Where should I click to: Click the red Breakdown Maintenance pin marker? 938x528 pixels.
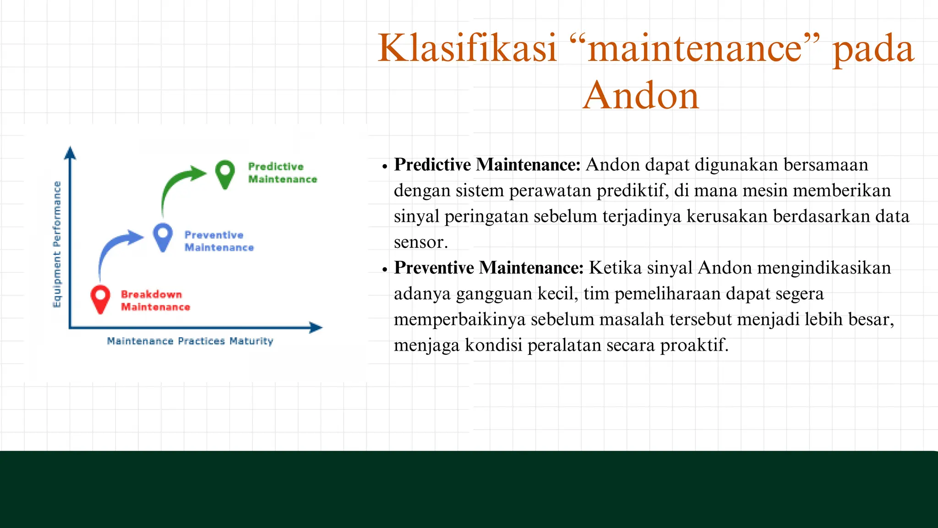(100, 298)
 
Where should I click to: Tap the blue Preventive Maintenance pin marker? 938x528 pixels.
(163, 236)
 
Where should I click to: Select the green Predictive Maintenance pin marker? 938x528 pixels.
(225, 173)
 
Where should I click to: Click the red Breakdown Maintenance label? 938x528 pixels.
(155, 301)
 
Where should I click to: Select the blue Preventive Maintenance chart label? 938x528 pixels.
(218, 241)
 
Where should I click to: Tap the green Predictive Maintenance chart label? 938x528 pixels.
(282, 173)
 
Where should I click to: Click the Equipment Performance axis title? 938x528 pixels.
(57, 244)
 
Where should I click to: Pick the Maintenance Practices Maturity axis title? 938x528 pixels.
(190, 341)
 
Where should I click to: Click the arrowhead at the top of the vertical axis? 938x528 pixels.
(70, 153)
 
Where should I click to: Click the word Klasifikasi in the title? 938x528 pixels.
(467, 49)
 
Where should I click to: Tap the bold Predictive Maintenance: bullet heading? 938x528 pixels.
(487, 165)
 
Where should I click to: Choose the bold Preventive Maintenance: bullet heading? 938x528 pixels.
(489, 268)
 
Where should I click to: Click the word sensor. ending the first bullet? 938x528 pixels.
(420, 242)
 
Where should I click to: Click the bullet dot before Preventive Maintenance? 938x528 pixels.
(385, 270)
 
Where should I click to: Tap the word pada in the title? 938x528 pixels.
(873, 49)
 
